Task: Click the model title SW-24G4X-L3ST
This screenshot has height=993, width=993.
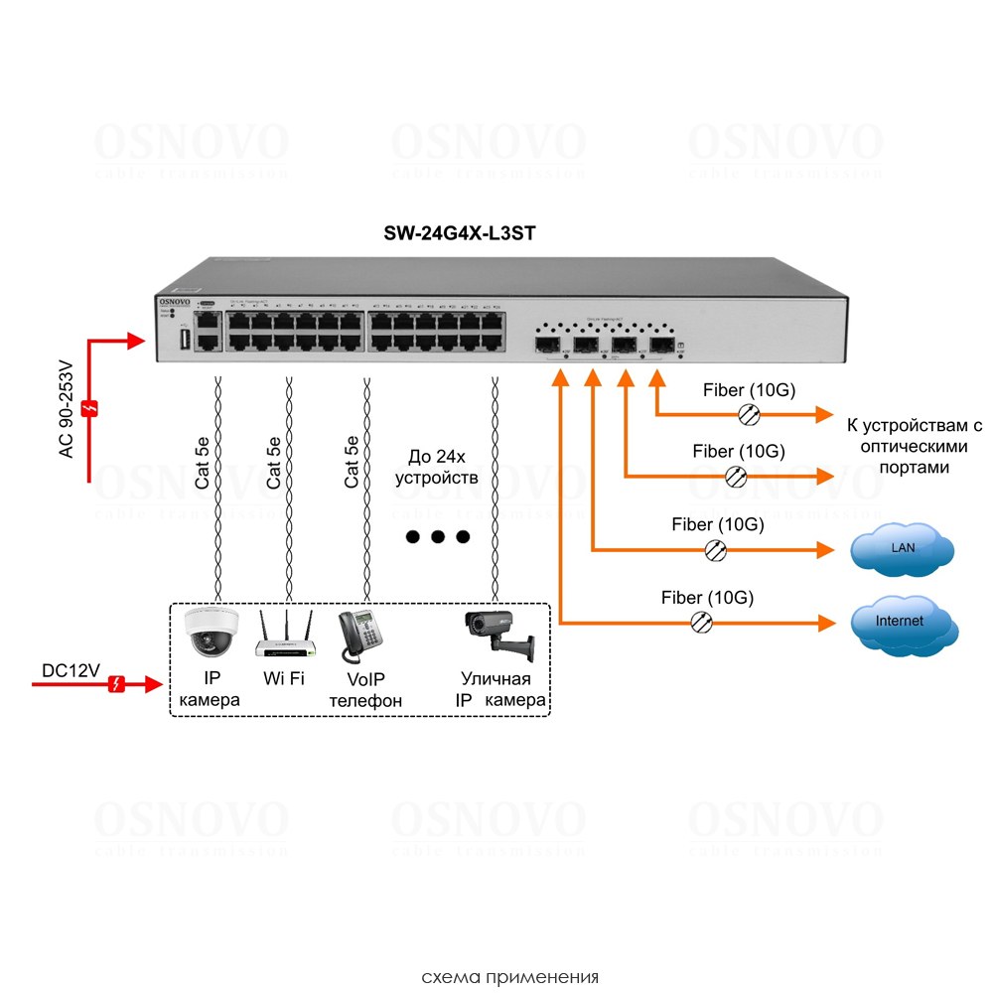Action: click(461, 233)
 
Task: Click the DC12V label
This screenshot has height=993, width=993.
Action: click(71, 671)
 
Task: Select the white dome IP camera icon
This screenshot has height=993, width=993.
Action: click(210, 633)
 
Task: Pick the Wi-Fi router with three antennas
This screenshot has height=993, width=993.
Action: click(284, 636)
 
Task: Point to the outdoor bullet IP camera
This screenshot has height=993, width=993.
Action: click(498, 636)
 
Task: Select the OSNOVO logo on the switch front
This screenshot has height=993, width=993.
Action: click(176, 300)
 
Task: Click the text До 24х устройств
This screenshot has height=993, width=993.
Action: click(437, 467)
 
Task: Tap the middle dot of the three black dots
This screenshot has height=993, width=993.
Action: click(437, 537)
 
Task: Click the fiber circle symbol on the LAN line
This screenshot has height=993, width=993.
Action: click(715, 548)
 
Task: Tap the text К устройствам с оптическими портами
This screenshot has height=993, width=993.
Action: click(914, 447)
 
